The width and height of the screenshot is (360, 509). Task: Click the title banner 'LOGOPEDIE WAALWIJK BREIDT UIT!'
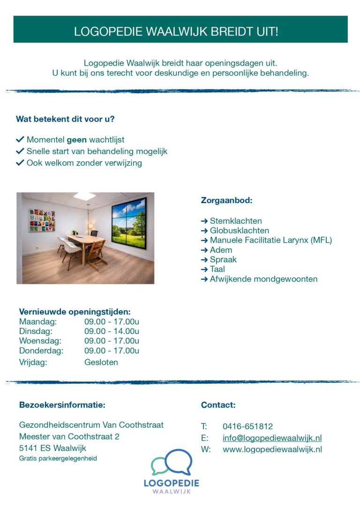(180, 31)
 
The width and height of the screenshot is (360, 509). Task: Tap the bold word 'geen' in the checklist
(77, 140)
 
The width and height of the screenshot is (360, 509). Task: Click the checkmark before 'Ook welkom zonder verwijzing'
(20, 163)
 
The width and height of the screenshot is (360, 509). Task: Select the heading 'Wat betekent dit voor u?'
(65, 119)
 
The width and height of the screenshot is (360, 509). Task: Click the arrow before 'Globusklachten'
(204, 231)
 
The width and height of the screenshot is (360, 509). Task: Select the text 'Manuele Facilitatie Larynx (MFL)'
(270, 240)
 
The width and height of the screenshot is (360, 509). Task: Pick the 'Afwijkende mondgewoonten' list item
(263, 279)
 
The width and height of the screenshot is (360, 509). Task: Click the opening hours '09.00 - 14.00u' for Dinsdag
(112, 331)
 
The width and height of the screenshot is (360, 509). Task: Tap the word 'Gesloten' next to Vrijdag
(101, 362)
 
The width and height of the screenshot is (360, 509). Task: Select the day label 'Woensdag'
(40, 341)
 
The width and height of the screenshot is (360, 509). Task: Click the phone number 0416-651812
(247, 426)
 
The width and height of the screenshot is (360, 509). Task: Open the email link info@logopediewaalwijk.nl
(272, 438)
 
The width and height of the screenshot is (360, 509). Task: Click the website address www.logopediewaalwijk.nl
(272, 449)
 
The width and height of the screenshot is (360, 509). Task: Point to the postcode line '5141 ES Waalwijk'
(52, 448)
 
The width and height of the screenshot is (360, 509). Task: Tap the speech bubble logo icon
(172, 463)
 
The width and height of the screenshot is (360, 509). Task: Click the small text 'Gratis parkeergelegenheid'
(58, 458)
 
